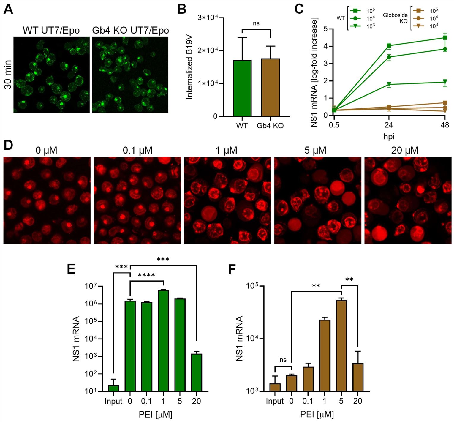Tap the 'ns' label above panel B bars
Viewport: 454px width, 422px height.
click(x=256, y=23)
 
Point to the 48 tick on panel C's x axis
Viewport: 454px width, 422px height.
click(x=444, y=125)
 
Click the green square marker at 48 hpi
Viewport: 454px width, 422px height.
click(x=445, y=38)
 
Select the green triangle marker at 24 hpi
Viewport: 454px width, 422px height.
click(x=389, y=84)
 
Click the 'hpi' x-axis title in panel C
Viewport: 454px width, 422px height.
click(x=389, y=137)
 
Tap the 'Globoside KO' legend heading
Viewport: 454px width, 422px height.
click(x=395, y=18)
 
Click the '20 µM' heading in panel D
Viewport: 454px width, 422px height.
click(x=404, y=150)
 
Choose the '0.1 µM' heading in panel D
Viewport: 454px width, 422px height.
click(x=137, y=150)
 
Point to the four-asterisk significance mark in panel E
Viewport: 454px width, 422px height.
click(x=146, y=275)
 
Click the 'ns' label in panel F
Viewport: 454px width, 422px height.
click(x=283, y=360)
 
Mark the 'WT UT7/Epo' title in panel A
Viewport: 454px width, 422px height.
click(x=51, y=30)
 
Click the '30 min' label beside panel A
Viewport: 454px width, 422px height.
click(x=8, y=75)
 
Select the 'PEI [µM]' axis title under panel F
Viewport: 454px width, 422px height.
click(x=317, y=414)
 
